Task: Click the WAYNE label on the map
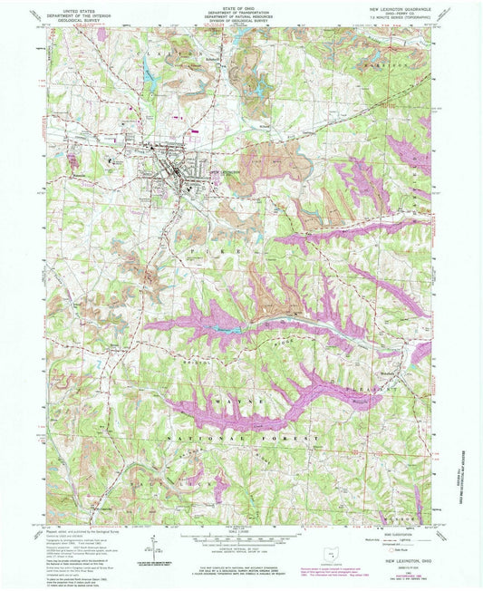tap(238, 399)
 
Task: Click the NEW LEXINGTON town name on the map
tap(224, 172)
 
